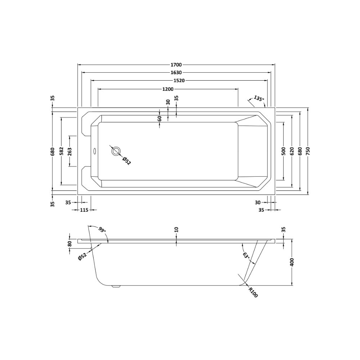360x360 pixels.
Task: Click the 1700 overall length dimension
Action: tap(176, 65)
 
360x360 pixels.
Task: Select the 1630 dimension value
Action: tap(176, 73)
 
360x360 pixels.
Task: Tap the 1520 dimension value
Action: tap(179, 80)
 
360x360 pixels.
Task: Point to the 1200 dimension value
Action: tap(168, 89)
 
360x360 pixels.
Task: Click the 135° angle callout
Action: tap(259, 99)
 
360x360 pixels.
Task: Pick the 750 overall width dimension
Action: tap(308, 151)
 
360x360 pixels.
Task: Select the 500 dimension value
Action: tap(283, 151)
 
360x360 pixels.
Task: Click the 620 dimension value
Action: tap(292, 151)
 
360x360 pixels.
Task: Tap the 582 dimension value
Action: tap(62, 151)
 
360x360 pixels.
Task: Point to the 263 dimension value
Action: tap(69, 151)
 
